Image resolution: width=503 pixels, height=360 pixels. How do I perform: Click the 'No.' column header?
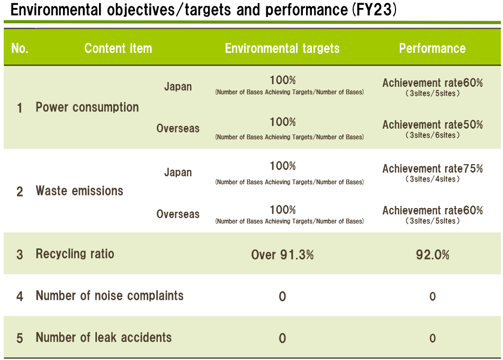20,49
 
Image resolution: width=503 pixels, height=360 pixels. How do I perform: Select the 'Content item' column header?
118,49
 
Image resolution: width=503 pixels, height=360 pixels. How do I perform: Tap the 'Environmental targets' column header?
282,49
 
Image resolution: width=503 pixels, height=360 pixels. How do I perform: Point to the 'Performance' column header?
432,49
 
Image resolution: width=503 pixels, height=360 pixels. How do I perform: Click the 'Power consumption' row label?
87,107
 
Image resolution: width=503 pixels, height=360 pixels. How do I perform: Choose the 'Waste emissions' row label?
79,191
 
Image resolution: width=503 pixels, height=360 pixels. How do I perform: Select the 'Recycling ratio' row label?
75,254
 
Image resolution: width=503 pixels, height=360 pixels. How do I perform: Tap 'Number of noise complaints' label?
110,295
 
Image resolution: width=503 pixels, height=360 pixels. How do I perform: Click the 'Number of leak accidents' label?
104,338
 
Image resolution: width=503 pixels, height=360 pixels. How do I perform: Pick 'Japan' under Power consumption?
178,87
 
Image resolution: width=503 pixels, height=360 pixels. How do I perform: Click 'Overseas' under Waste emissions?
178,214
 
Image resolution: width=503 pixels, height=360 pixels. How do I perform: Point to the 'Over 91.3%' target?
282,255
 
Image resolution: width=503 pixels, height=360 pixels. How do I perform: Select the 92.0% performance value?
433,255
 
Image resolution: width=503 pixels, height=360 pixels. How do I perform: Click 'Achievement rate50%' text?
433,124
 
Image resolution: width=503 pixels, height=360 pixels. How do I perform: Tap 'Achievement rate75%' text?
433,168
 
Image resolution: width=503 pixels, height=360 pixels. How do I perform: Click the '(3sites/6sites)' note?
433,135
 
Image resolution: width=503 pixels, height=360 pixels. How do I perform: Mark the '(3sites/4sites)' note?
433,179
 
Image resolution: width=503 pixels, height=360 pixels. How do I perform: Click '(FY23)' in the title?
374,10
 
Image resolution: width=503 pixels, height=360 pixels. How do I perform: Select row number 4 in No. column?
20,296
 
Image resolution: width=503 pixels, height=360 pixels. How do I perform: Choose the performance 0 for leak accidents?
433,338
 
